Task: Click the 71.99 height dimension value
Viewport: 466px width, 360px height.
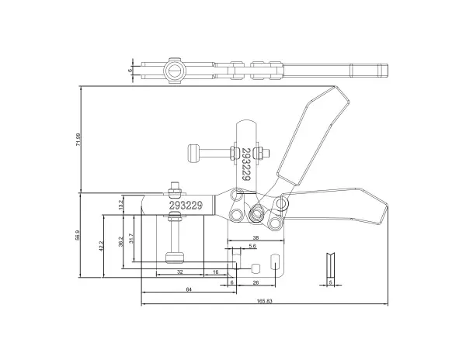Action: (78, 139)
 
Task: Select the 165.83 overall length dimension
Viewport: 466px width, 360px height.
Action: (264, 301)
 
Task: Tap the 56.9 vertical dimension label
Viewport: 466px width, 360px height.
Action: (78, 234)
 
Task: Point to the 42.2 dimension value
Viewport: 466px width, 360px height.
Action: (101, 246)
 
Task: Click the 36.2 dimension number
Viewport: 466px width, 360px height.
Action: (120, 241)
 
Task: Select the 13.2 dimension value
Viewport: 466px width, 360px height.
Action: (120, 205)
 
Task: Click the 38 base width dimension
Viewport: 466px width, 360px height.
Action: (256, 237)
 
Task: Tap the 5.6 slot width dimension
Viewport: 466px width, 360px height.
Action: (252, 246)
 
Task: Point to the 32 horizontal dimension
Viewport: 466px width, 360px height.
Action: (180, 272)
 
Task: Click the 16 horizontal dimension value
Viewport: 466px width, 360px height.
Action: (216, 272)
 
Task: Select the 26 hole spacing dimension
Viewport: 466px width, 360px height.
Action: (256, 282)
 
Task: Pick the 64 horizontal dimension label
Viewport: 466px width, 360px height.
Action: (189, 289)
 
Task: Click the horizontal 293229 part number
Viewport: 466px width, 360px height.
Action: (186, 205)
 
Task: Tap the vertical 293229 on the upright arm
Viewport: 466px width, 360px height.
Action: (245, 164)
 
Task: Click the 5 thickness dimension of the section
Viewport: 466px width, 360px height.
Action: (331, 282)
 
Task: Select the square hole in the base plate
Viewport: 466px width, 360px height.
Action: (256, 268)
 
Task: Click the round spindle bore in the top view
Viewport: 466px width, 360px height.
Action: (174, 71)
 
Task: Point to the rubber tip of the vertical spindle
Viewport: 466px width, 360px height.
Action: (174, 258)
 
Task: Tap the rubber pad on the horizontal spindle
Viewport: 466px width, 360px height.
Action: (193, 154)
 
